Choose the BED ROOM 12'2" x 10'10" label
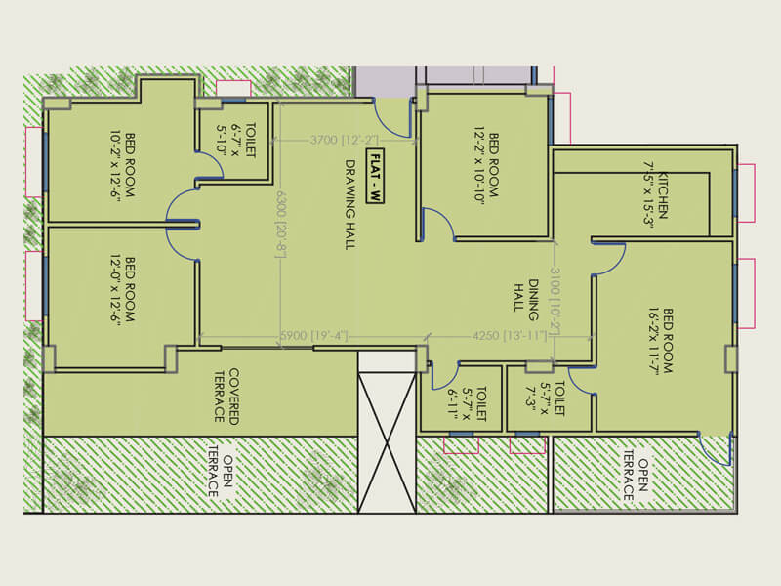coord(485,166)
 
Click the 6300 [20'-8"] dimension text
coord(281,223)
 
